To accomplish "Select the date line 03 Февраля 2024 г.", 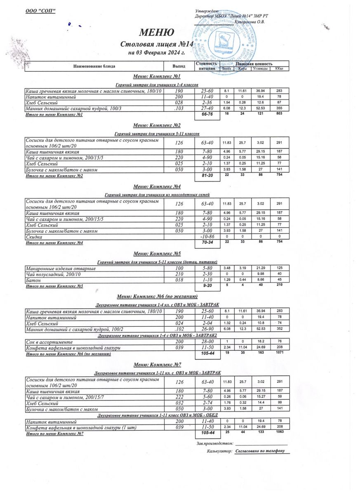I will [x=156, y=53].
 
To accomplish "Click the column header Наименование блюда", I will [x=94, y=66].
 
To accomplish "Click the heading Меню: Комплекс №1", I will [x=157, y=77].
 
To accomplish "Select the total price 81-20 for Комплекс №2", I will [x=207, y=176].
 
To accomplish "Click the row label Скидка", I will [x=34, y=237].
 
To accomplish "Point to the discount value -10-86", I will [x=207, y=237].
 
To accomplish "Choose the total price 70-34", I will [x=207, y=243].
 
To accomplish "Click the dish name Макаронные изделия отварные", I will [x=61, y=269].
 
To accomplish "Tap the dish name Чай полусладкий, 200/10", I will [x=53, y=274].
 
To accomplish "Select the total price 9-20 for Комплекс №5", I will [x=207, y=285].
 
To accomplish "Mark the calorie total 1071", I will [x=279, y=354].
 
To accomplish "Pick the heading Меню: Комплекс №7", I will [x=157, y=365].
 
